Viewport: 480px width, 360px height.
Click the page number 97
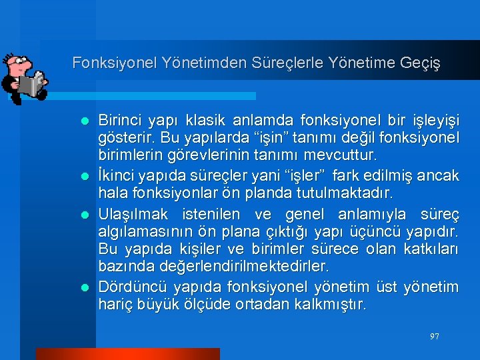pyautogui.click(x=435, y=337)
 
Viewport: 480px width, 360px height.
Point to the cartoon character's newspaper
pyautogui.click(x=30, y=85)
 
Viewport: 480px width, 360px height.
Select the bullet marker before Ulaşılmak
pyautogui.click(x=85, y=215)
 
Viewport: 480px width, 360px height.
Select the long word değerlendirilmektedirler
pyautogui.click(x=245, y=267)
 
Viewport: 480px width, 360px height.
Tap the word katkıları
pyautogui.click(x=431, y=249)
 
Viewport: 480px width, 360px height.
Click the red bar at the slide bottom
pyautogui.click(x=127, y=354)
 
